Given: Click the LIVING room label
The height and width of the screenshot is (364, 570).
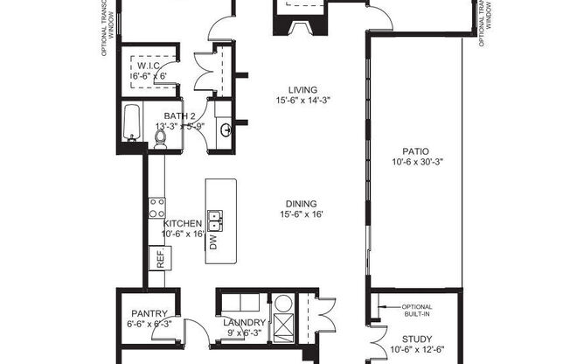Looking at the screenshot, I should [x=302, y=88].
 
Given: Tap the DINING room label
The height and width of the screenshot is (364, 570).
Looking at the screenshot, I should [x=302, y=202].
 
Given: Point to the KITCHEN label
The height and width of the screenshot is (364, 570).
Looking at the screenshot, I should [x=183, y=224].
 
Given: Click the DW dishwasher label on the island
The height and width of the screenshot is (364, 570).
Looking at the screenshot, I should [x=213, y=241].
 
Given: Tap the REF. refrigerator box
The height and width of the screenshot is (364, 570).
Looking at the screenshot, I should [x=162, y=257].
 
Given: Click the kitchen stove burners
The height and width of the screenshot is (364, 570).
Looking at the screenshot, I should [x=158, y=207].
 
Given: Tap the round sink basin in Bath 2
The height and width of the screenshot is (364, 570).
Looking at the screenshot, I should [x=226, y=130].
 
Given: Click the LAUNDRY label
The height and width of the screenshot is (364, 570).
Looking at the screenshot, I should [x=232, y=321].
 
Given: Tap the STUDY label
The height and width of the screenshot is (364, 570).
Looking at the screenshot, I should [x=416, y=339].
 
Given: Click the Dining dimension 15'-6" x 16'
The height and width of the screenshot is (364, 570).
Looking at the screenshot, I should [x=302, y=214].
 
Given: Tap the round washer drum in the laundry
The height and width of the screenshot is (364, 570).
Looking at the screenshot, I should [x=283, y=305].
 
